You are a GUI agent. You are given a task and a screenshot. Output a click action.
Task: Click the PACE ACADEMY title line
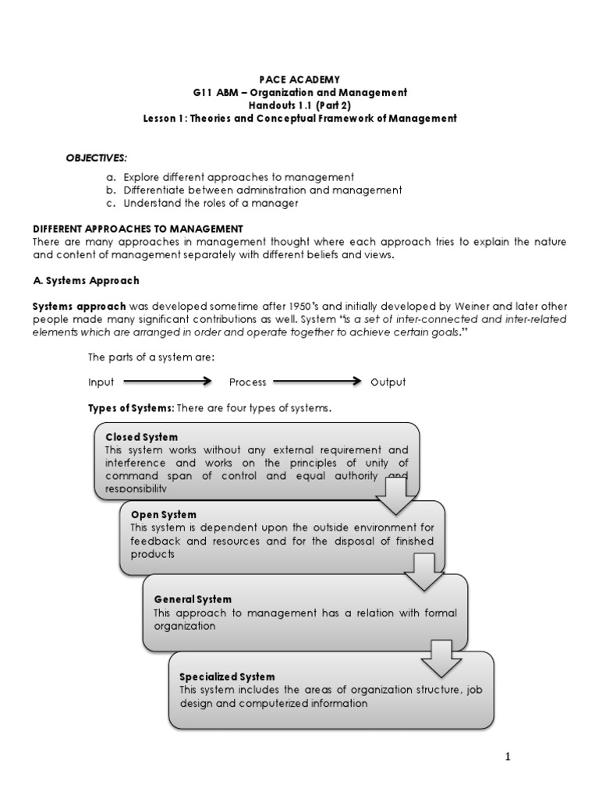pos(299,79)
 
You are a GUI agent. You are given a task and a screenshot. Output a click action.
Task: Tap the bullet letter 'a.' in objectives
pos(112,176)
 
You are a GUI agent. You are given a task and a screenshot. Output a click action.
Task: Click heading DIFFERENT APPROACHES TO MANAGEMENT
pos(138,229)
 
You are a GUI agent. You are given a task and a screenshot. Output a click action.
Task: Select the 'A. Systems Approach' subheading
pos(86,281)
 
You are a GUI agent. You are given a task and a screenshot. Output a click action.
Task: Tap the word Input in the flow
pos(101,382)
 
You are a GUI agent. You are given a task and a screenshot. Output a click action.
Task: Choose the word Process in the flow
pos(247,382)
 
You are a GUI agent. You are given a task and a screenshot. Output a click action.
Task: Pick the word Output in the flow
pos(388,382)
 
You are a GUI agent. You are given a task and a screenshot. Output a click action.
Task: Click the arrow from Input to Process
pos(167,382)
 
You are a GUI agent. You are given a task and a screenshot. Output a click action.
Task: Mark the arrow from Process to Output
pos(317,382)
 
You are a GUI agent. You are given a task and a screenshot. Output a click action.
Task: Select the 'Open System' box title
pos(163,515)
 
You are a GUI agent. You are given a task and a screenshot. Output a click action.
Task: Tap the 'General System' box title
pos(193,599)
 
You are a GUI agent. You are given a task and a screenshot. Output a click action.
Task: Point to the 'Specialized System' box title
pos(227,676)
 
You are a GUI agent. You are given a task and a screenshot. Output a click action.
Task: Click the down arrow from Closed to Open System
pos(396,494)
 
